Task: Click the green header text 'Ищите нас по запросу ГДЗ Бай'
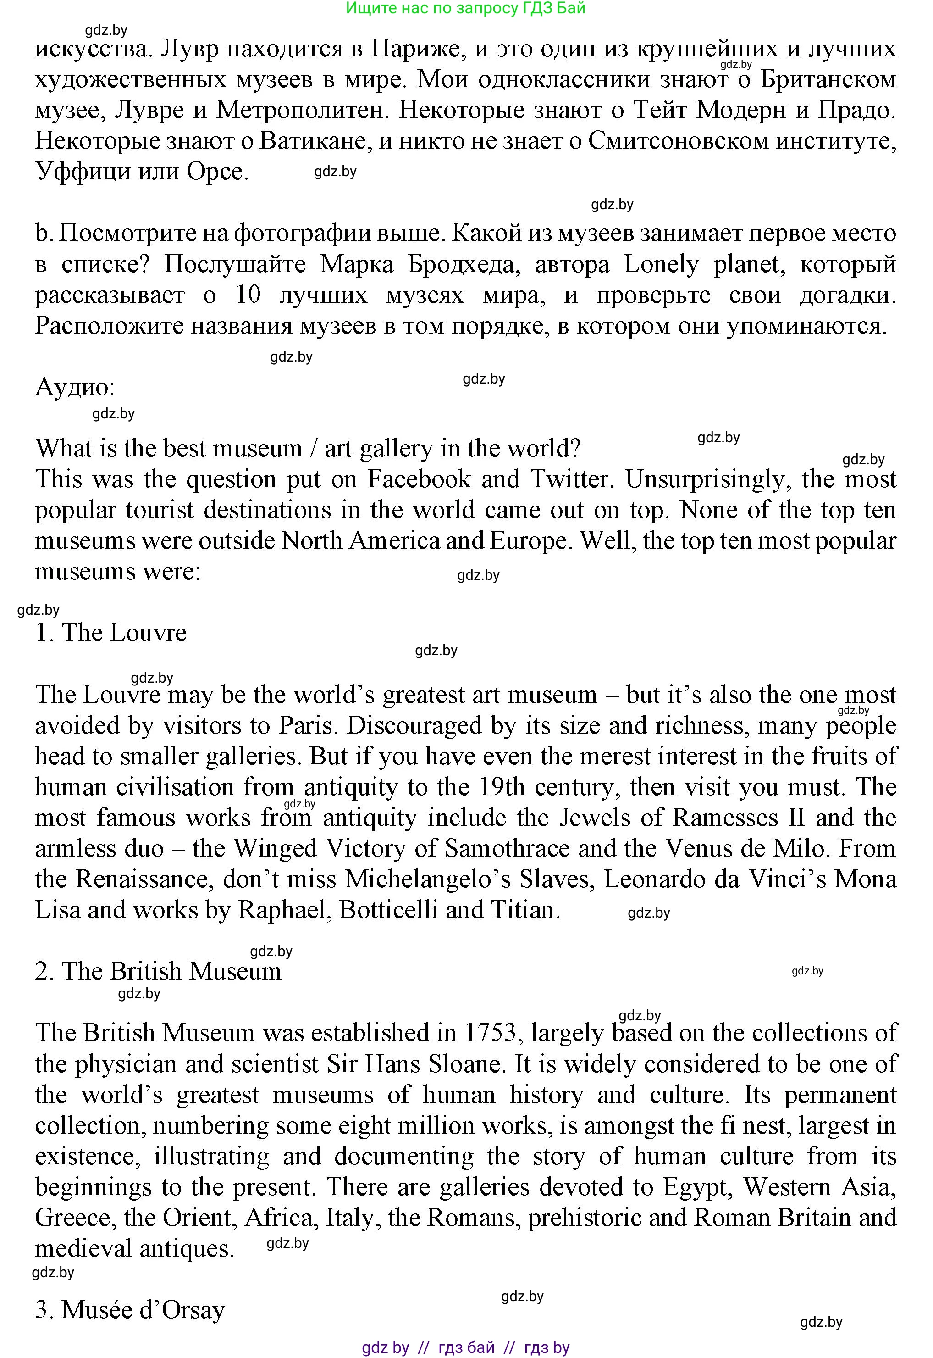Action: [465, 8]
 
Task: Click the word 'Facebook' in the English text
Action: [419, 479]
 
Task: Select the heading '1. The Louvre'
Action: [111, 633]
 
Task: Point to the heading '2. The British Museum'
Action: [158, 971]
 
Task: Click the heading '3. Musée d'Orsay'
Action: [130, 1310]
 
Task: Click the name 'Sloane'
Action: [465, 1064]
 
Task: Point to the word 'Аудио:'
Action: [75, 387]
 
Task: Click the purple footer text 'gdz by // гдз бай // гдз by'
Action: [465, 1348]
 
